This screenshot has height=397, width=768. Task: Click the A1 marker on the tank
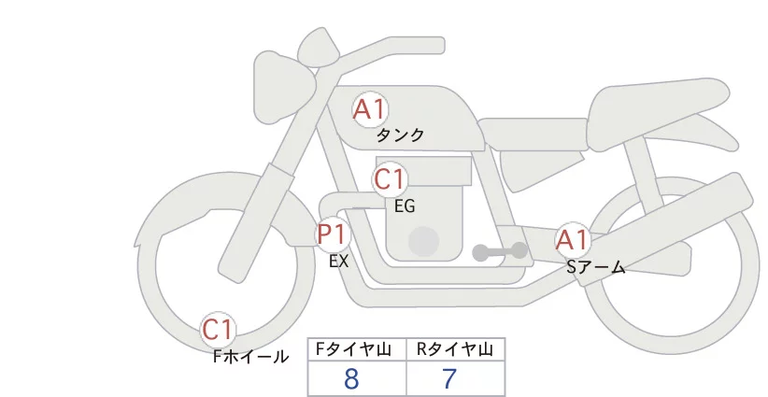pos(370,109)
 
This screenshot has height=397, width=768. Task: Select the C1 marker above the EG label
pos(390,179)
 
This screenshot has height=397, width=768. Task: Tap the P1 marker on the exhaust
pos(333,234)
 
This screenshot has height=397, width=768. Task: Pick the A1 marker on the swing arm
pos(573,240)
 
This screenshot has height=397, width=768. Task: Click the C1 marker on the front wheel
pos(218,330)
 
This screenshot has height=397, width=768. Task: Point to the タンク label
pos(400,135)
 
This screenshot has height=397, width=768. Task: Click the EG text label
pos(405,206)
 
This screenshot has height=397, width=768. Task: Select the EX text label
pos(339,262)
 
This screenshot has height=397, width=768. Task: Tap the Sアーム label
pos(596,267)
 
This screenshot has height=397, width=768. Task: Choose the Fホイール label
pos(250,357)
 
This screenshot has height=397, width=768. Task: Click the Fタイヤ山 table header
pos(353,349)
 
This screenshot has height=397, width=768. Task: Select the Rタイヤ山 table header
pos(455,349)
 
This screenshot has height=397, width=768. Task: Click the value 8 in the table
pos(351,378)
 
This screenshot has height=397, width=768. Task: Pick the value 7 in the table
pos(449,378)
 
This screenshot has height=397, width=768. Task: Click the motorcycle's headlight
pos(285,86)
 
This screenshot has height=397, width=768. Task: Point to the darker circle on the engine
pos(423,242)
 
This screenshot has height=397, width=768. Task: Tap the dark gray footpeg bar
pos(500,251)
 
